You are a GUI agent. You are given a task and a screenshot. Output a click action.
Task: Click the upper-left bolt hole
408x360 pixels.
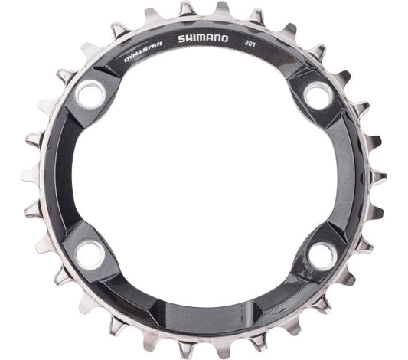pyautogui.click(x=91, y=96)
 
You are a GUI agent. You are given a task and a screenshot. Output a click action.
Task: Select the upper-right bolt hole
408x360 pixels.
pyautogui.click(x=316, y=95)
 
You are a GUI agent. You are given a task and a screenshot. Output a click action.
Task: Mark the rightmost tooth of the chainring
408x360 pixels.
pyautogui.click(x=378, y=178)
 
